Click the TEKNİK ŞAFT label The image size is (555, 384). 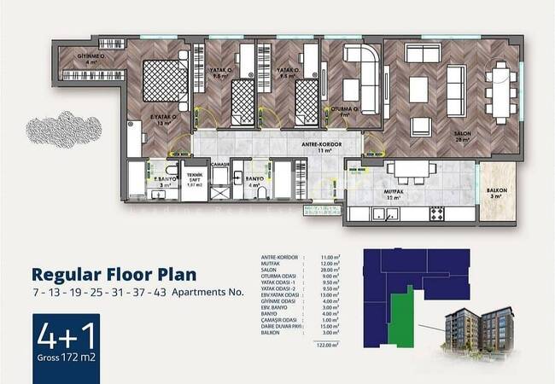pos(195,180)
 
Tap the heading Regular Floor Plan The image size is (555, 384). pos(114,274)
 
